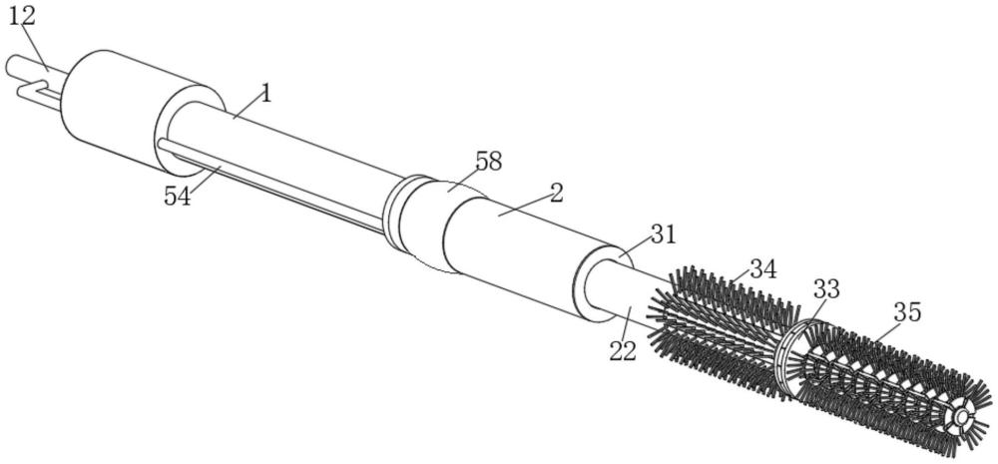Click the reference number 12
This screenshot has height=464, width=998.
point(21,16)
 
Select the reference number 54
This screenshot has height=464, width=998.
point(177,196)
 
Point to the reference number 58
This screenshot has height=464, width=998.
point(488,162)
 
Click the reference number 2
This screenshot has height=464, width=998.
point(556,194)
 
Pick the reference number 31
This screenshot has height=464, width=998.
point(662,234)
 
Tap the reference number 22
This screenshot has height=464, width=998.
point(622,350)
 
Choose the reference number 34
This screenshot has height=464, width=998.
point(762,269)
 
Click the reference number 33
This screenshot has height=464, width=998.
point(826,289)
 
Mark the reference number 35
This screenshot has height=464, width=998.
point(907,312)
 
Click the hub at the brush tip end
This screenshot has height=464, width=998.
point(960,418)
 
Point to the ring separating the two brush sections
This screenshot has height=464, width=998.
point(788,357)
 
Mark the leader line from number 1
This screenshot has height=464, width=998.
point(248,108)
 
